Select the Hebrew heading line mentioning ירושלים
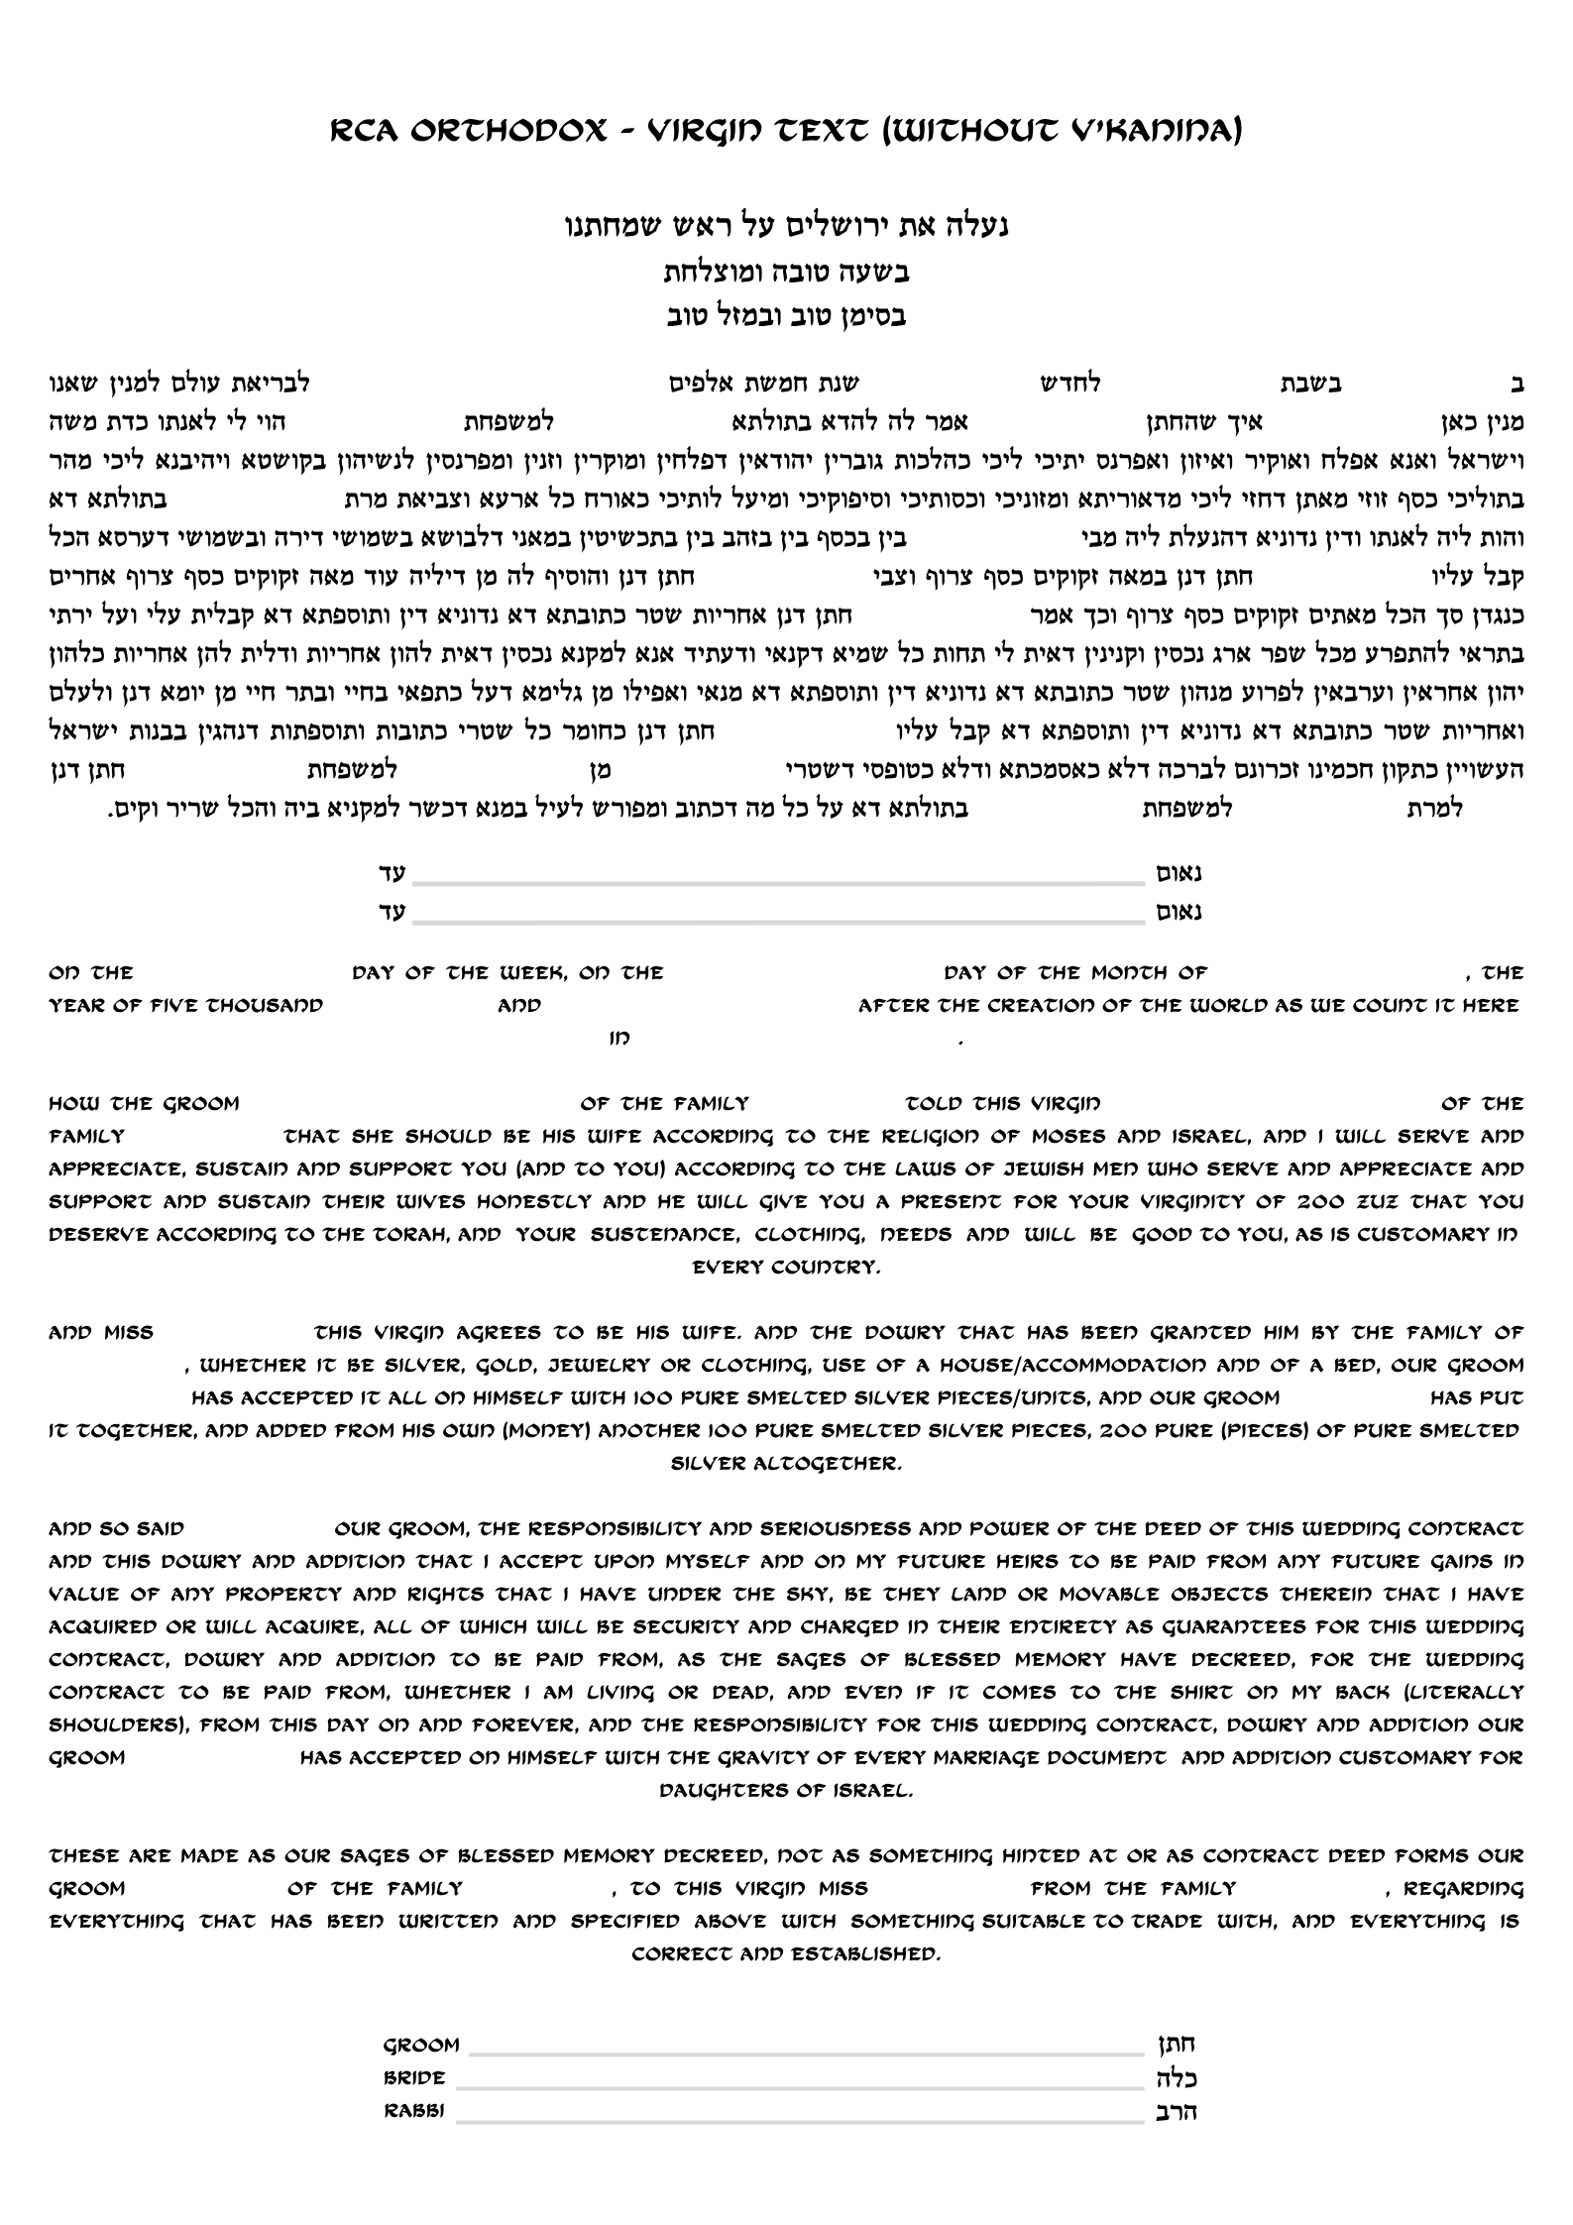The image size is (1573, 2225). (785, 228)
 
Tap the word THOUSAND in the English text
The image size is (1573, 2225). (265, 1006)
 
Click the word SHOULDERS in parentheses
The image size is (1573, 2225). (117, 1725)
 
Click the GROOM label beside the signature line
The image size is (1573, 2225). (421, 2046)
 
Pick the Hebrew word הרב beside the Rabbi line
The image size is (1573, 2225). (1177, 2112)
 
